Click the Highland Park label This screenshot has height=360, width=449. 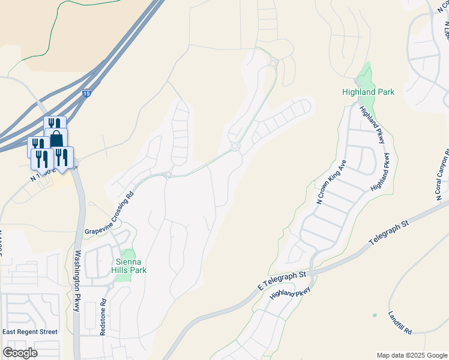[368, 92]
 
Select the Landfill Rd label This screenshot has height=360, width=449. [399, 322]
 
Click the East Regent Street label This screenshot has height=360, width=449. [30, 332]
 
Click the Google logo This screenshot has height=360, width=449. [20, 353]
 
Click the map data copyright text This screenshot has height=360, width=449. [411, 355]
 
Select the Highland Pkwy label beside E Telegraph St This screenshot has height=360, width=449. [291, 293]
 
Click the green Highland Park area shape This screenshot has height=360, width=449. [364, 76]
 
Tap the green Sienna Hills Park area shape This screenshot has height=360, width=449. [127, 254]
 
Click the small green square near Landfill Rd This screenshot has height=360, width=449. [375, 315]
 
